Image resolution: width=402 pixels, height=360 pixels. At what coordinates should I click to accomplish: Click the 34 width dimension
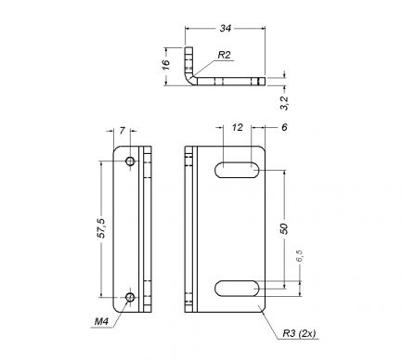click(226, 28)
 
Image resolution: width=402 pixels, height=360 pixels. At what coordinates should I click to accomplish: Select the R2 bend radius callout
click(224, 55)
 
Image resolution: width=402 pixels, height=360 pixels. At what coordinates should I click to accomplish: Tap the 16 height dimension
click(166, 64)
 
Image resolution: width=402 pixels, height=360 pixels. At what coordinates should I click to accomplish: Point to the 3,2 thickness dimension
click(284, 103)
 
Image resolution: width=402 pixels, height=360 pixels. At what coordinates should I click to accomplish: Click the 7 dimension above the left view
click(122, 131)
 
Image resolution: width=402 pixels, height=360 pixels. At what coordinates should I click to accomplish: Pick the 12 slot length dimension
click(238, 127)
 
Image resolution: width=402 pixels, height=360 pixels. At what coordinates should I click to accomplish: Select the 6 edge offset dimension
click(284, 127)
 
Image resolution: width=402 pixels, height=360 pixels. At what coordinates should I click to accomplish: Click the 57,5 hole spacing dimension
click(101, 228)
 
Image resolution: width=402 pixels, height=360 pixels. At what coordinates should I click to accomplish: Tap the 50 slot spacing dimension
click(284, 228)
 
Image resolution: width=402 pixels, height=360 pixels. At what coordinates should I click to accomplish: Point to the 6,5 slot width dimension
click(300, 256)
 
